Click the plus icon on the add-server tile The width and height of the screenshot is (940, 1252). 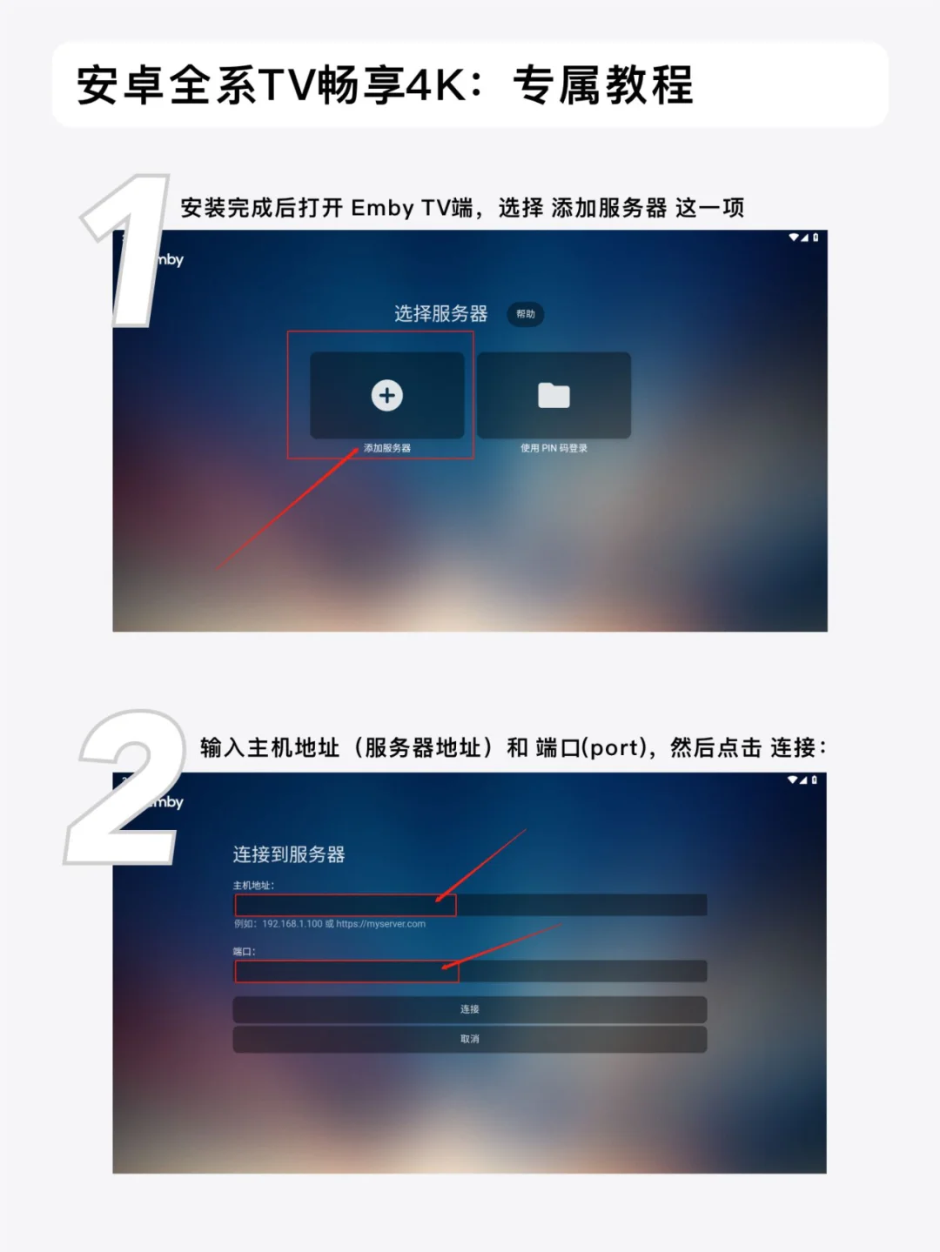point(386,395)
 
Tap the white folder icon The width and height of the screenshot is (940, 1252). point(554,395)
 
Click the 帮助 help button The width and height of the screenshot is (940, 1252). point(526,314)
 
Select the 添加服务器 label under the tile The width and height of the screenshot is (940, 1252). point(386,448)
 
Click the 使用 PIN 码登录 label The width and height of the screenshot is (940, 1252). point(554,448)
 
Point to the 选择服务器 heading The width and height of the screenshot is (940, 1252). point(441,314)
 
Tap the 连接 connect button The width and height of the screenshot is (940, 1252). point(469,1009)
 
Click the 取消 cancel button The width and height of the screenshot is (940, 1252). point(469,1039)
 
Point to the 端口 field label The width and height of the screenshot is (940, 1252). point(244,952)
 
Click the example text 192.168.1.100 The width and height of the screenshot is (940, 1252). point(292,923)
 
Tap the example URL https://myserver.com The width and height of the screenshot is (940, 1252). point(380,923)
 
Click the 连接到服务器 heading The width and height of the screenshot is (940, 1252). point(289,854)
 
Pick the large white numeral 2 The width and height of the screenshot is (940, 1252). point(125,787)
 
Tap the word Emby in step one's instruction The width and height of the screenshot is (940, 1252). point(382,208)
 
